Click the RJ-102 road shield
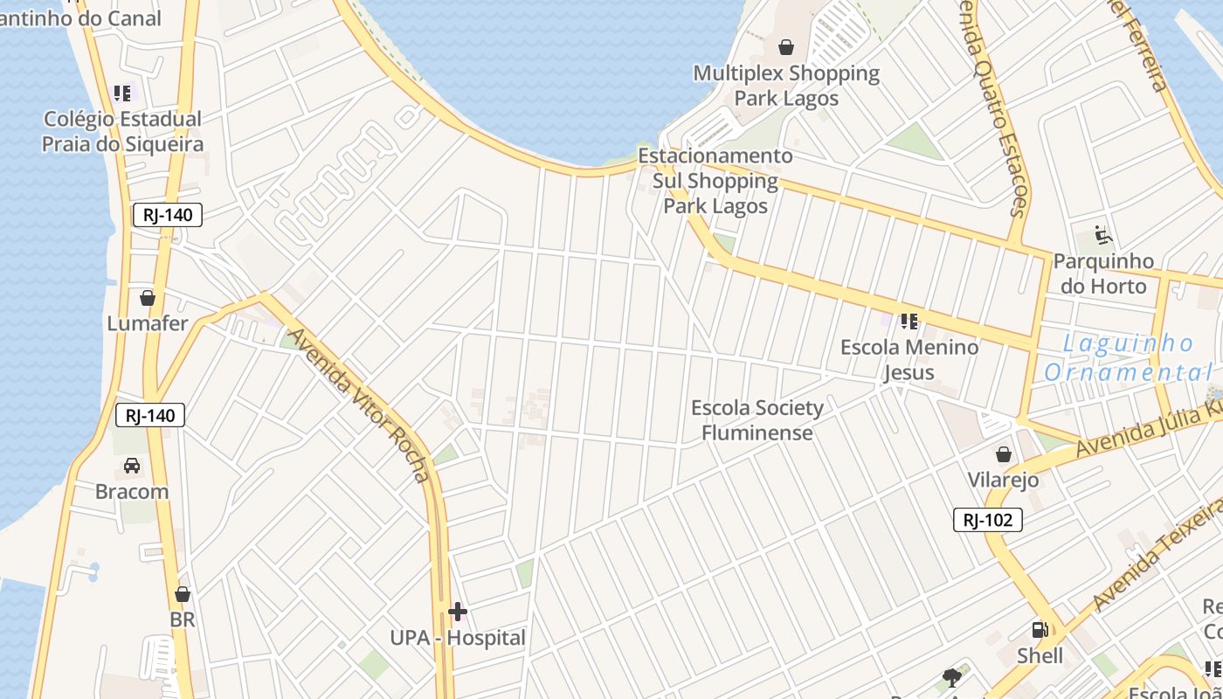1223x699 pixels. pos(987,521)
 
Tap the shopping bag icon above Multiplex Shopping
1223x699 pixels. pos(786,47)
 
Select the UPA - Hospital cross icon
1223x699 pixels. pos(458,611)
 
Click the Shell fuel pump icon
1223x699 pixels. pos(1040,630)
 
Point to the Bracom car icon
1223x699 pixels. pos(132,466)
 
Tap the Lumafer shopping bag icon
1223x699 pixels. pos(148,298)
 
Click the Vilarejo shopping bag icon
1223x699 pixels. pos(1003,454)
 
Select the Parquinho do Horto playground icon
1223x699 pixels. pos(1102,235)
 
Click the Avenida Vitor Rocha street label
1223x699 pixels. pos(360,405)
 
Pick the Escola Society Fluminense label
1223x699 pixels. pos(757,420)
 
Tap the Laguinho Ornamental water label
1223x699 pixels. pos(1128,358)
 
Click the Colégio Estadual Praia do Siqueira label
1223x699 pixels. pos(122,132)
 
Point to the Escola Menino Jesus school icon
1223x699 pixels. pos(909,322)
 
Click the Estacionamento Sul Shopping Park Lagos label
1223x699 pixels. pos(715,181)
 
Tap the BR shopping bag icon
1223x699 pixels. pos(183,595)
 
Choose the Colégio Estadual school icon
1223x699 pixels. pos(122,93)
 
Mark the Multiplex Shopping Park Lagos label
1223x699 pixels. pos(786,86)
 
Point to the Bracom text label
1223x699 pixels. pos(132,491)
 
